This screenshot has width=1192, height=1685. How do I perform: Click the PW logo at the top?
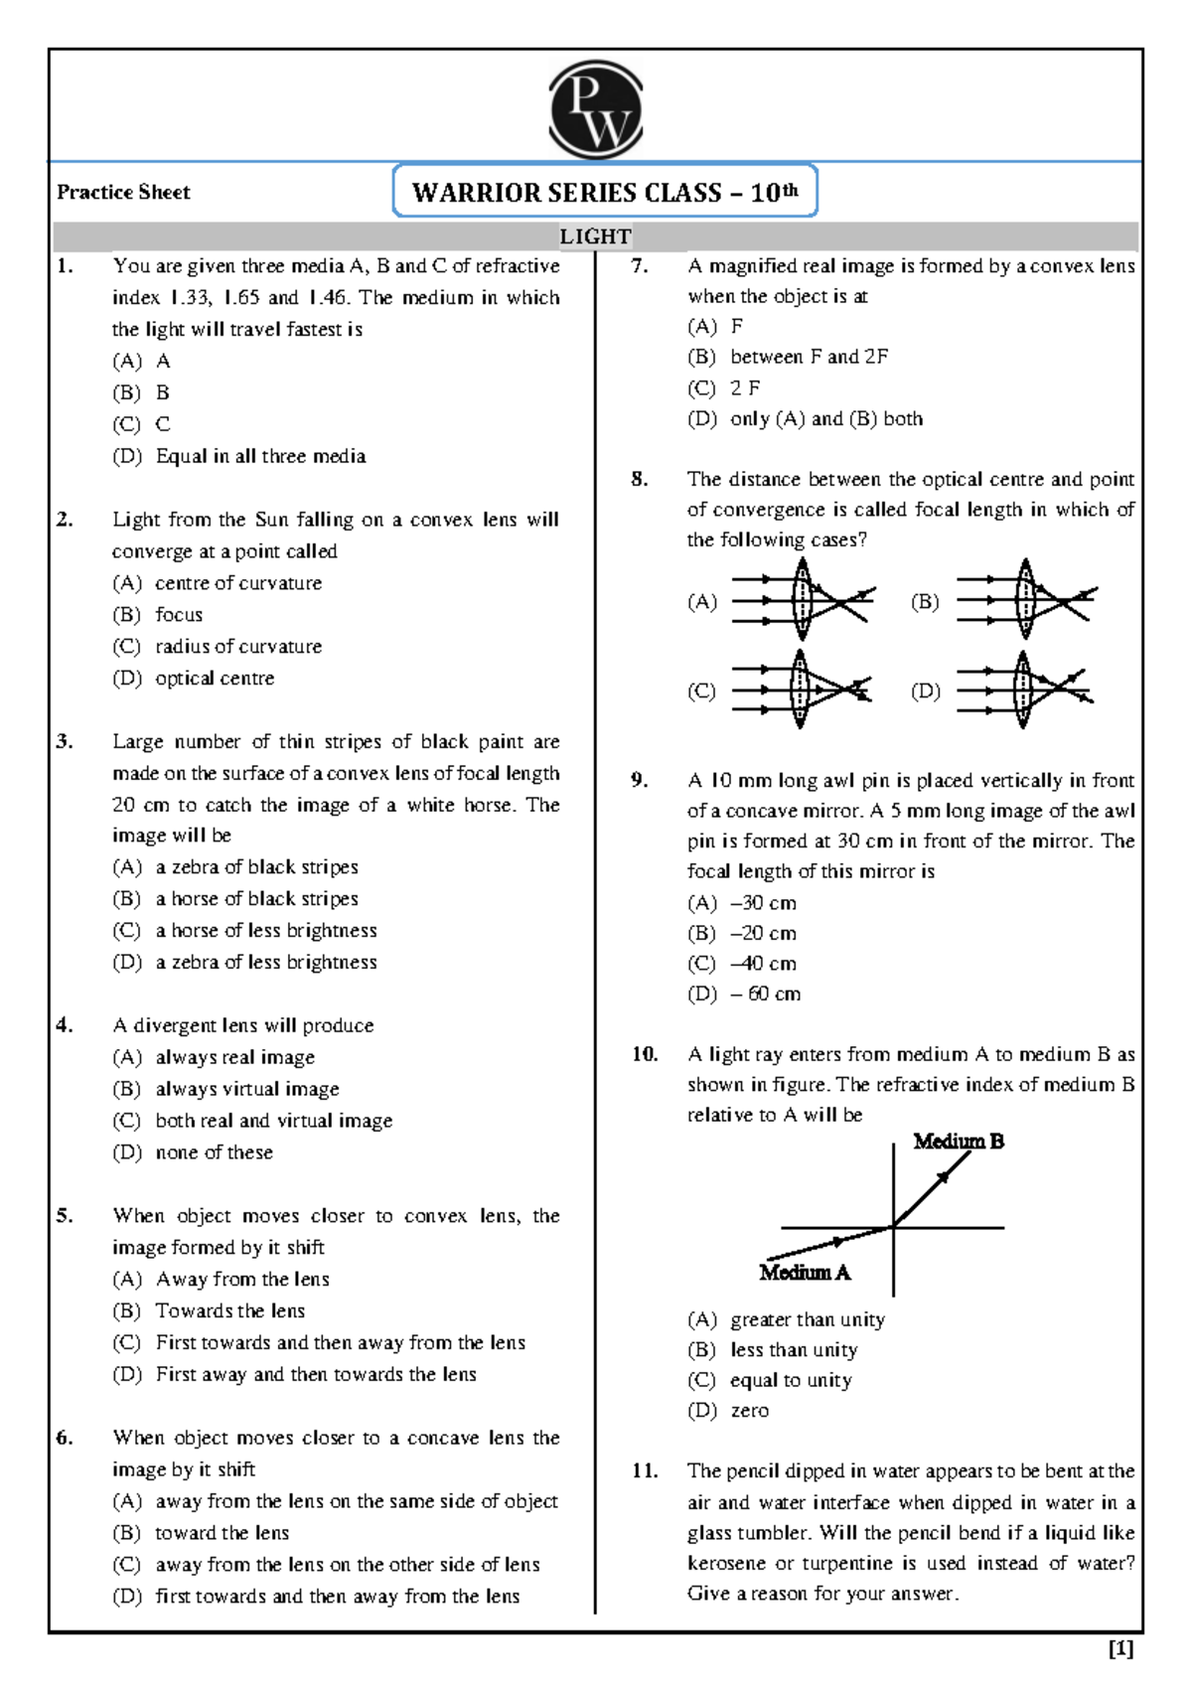click(595, 109)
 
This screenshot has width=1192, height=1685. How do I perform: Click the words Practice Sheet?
click(123, 192)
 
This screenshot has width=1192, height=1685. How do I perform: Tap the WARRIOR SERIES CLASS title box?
click(605, 192)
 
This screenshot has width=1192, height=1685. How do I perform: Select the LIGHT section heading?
click(595, 236)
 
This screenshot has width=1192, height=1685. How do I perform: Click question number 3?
click(65, 741)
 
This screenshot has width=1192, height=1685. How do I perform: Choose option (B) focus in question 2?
click(178, 615)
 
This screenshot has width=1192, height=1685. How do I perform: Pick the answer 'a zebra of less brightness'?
click(265, 962)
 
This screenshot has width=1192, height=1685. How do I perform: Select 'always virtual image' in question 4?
click(246, 1089)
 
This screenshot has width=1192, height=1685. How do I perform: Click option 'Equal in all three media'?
click(260, 456)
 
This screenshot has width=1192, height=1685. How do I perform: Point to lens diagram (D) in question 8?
click(1025, 689)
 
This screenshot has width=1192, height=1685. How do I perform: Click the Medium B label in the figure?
click(958, 1142)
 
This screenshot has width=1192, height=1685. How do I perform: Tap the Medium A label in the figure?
click(805, 1273)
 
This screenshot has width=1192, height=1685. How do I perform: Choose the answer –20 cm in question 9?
click(763, 933)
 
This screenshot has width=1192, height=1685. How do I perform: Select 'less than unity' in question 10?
click(793, 1349)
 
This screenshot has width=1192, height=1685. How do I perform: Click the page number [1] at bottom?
click(1120, 1649)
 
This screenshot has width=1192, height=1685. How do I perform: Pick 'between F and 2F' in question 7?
click(809, 357)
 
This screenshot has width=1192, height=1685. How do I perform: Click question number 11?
click(645, 1470)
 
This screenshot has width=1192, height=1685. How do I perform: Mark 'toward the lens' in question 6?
click(222, 1533)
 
